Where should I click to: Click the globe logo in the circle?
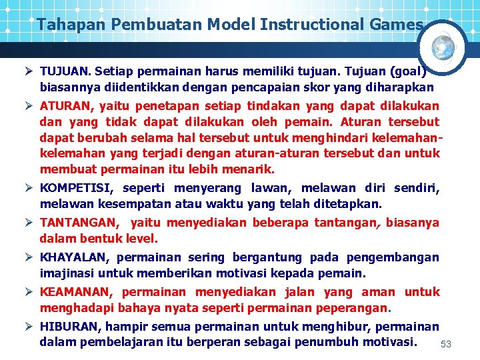click(x=443, y=47)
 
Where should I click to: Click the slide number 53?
click(x=446, y=344)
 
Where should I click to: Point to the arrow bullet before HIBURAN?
click(x=29, y=327)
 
